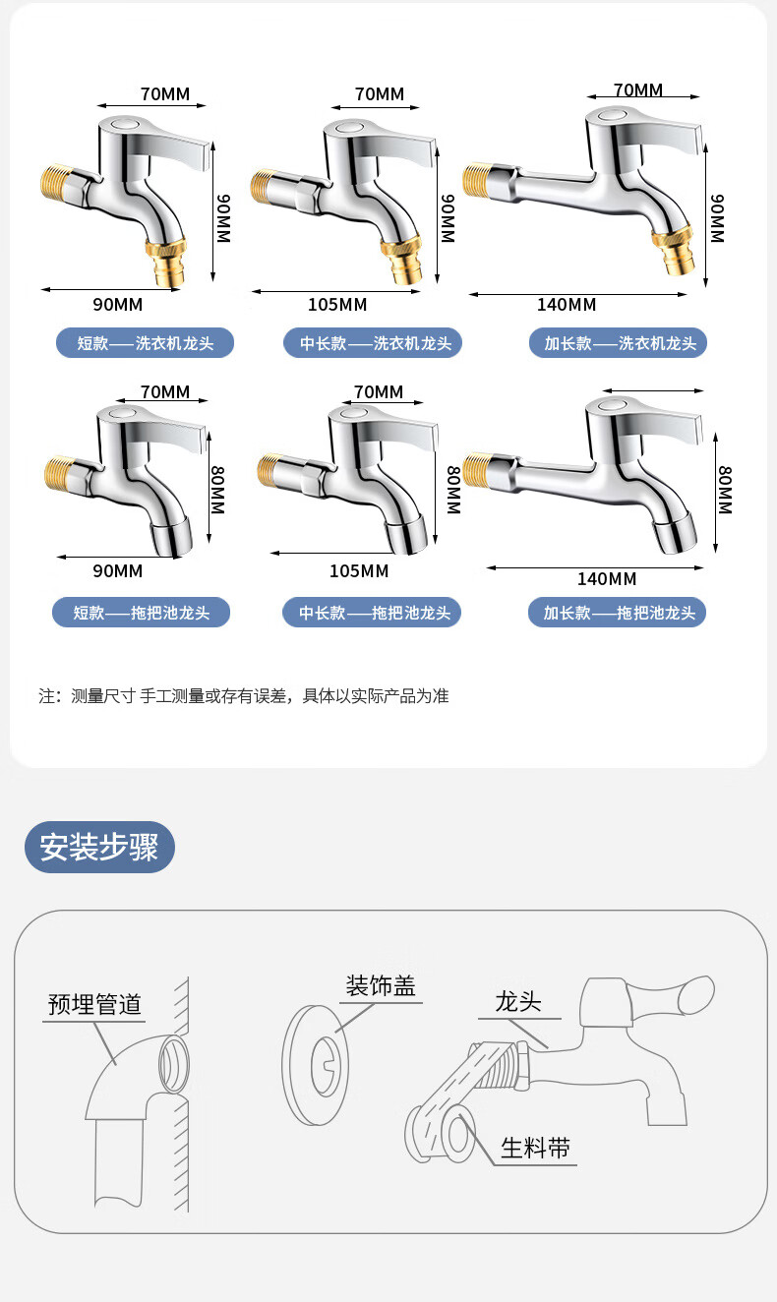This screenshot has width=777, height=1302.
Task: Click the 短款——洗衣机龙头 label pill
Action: pos(145,343)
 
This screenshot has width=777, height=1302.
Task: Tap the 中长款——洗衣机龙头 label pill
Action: pos(373,343)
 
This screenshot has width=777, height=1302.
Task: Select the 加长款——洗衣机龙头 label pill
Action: pos(618,343)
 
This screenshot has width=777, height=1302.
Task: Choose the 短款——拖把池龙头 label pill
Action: pos(142,612)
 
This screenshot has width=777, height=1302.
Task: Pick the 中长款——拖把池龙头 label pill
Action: pos(372,612)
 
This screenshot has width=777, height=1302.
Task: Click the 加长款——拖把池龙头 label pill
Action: pos(618,612)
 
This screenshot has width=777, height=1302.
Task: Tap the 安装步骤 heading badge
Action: pos(99,847)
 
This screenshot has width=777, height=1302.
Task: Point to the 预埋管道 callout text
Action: pos(94,1004)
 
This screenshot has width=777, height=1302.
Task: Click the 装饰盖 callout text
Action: pos(381,985)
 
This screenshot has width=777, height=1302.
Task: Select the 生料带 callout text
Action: pos(535,1148)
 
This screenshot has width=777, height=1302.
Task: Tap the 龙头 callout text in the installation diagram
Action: pos(518,1001)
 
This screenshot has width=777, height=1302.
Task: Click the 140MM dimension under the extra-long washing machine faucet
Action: pos(567,305)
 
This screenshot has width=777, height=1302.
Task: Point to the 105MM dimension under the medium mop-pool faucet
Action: pos(359,570)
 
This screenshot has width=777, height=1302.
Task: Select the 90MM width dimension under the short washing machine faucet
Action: pos(117,305)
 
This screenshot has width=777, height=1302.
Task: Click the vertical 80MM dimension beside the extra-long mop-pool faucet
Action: pos(725,490)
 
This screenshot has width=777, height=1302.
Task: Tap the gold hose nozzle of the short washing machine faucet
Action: pos(169,262)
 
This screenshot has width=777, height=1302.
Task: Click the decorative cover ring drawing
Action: pos(315,1065)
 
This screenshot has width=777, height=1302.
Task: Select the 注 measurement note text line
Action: pos(244,696)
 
